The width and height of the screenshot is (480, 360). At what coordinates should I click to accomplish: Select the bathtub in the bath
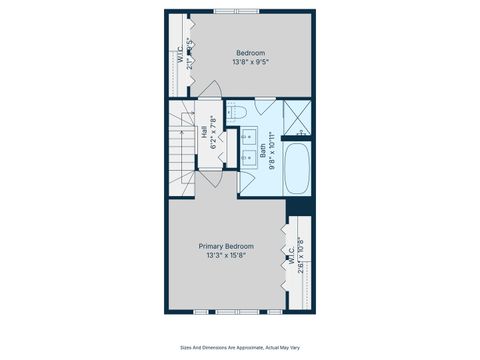click(298, 169)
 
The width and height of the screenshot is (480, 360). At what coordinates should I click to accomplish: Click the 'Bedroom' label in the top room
click(250, 52)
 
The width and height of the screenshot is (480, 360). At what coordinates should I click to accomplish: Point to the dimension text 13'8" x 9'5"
click(250, 62)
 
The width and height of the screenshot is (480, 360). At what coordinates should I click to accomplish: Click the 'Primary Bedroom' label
click(225, 246)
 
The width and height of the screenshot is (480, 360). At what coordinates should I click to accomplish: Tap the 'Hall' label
click(204, 130)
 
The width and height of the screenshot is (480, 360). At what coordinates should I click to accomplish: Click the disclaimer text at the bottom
click(240, 348)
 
